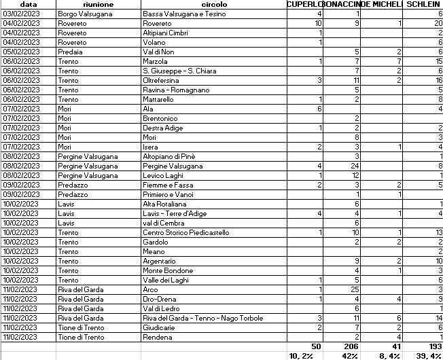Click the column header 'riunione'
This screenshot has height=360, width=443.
[x=98, y=4]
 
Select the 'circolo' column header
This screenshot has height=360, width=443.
[x=214, y=4]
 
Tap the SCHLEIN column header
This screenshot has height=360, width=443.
[x=424, y=4]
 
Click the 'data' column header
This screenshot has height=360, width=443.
[x=28, y=4]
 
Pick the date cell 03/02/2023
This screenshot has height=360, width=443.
[x=22, y=14]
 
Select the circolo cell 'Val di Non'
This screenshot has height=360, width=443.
[x=160, y=52]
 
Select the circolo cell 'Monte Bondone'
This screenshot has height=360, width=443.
[x=166, y=270]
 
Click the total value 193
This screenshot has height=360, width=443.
[x=435, y=346]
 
